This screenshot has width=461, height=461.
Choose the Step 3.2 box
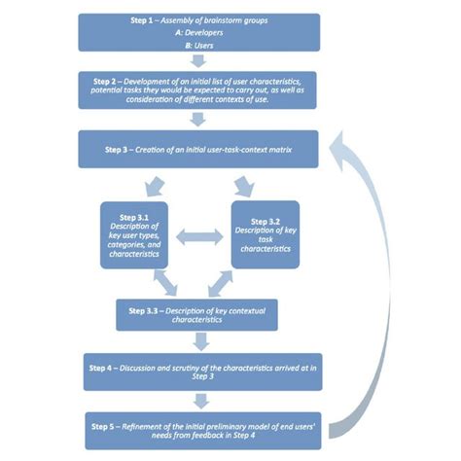(264, 234)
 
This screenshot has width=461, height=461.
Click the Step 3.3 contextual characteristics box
(199, 314)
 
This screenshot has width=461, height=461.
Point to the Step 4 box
(199, 371)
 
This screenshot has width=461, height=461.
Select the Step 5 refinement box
(199, 428)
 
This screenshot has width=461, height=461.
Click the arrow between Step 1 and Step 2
(199, 60)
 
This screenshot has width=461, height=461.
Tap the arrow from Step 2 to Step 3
(199, 119)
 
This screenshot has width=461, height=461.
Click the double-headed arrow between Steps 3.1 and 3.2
(200, 234)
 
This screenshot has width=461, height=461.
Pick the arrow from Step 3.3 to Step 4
(199, 341)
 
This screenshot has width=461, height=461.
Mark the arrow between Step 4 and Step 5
(199, 400)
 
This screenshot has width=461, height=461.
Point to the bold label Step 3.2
(264, 221)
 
